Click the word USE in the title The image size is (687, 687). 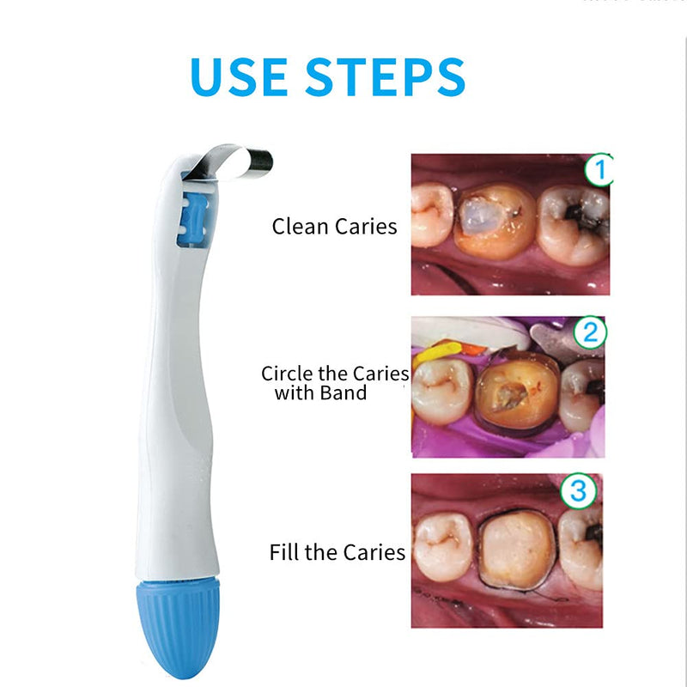(x=240, y=77)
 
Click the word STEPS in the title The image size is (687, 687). (x=385, y=77)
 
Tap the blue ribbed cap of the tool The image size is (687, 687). (x=179, y=628)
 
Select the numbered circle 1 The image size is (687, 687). (x=599, y=169)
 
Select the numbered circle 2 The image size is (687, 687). (x=590, y=332)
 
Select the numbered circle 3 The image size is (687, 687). (x=578, y=490)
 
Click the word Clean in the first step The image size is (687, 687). (x=300, y=227)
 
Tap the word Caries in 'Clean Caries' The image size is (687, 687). (x=367, y=227)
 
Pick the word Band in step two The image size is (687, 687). (x=343, y=393)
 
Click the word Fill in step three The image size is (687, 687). (x=284, y=552)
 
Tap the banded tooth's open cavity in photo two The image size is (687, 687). (x=509, y=397)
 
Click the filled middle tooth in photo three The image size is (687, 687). (x=518, y=550)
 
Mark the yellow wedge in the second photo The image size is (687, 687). (x=437, y=354)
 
